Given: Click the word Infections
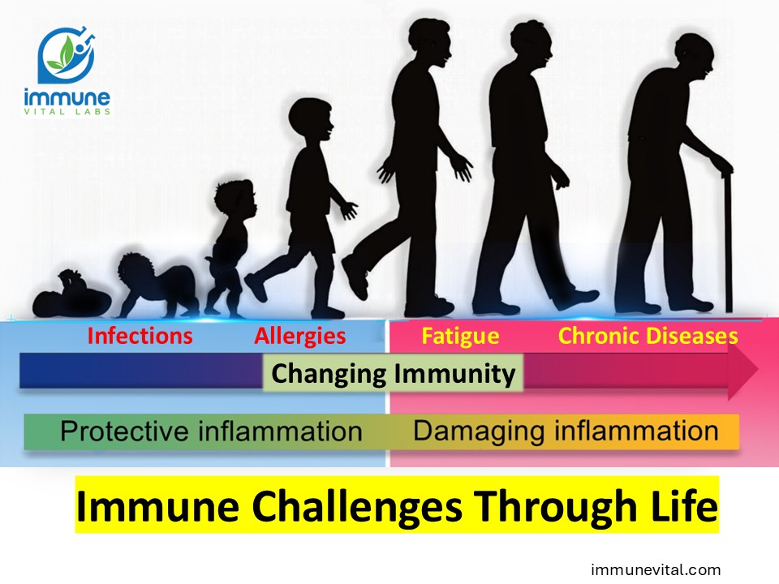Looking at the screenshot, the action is [140, 336].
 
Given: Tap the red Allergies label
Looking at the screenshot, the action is [300, 337].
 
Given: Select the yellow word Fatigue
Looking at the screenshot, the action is [460, 337].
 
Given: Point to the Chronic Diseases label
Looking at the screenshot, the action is [648, 336].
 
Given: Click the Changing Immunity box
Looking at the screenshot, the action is [393, 373].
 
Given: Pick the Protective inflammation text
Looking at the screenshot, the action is [211, 431].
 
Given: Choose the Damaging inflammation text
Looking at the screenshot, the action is [566, 431].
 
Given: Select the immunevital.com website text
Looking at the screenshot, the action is [656, 569].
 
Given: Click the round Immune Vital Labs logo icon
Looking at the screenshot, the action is [67, 54].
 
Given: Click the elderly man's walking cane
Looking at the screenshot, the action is [727, 240].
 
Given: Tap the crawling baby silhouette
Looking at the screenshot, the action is [157, 286].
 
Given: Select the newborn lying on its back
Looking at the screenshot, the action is [71, 295].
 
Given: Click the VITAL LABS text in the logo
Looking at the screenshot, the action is [67, 112].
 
